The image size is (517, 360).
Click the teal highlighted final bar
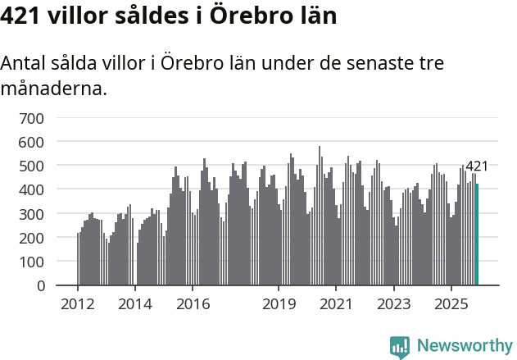pos(478,235)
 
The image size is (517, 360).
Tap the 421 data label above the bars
pos(476,166)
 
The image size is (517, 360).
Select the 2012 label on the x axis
pos(78,304)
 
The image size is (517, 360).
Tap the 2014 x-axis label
pos(135,304)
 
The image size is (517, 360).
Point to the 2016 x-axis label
pos(193,304)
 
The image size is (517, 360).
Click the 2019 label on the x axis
pos(279,304)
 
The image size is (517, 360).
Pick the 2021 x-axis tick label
pos(336,304)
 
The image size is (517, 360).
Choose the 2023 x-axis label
pos(393,304)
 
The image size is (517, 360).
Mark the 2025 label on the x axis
pos(451,304)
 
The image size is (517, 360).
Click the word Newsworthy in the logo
pos(464,346)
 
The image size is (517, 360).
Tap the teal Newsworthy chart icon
pos(400,347)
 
